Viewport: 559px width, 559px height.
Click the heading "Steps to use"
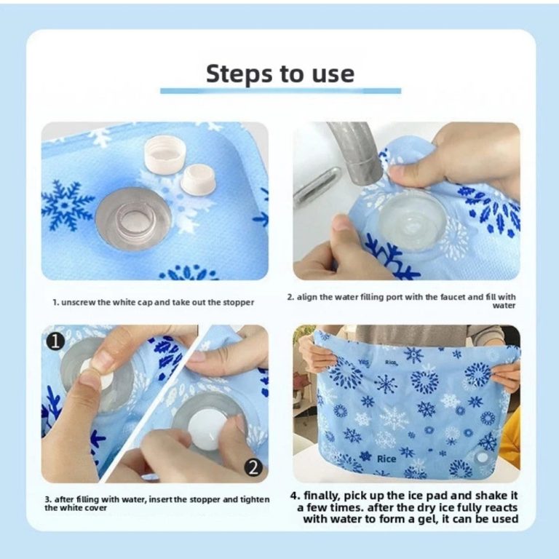click(280, 74)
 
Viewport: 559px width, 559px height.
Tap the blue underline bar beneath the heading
click(280, 91)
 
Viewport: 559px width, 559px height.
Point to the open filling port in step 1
click(133, 218)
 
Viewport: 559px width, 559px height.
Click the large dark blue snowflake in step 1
click(66, 205)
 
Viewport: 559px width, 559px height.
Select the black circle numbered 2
click(253, 467)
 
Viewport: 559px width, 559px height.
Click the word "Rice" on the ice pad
click(386, 459)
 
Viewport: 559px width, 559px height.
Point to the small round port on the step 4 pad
click(482, 457)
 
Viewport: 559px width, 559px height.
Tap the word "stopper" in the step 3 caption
click(206, 499)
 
